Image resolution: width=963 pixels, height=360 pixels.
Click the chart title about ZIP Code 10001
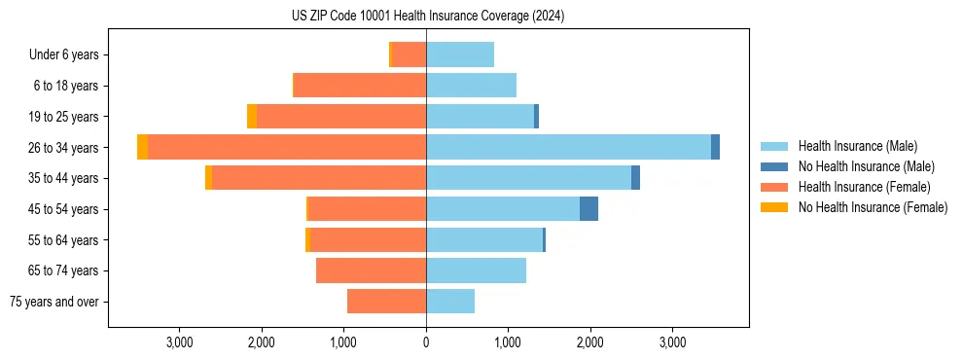[x=427, y=17]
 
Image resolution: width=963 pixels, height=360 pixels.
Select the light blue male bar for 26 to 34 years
[x=568, y=147]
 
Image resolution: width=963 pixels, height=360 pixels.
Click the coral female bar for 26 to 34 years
[x=287, y=147]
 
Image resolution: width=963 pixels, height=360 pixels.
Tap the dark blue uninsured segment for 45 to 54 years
[x=588, y=208]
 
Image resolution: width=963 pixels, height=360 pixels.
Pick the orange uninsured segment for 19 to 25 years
[x=252, y=117]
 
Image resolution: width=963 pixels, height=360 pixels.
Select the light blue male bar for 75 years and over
[x=450, y=302]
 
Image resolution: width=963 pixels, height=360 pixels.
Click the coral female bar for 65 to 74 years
[x=371, y=270]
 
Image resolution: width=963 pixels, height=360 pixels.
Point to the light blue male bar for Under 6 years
[x=460, y=54]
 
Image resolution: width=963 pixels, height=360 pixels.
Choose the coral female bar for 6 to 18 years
[x=360, y=86]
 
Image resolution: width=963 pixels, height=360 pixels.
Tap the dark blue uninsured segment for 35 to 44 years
[x=635, y=178]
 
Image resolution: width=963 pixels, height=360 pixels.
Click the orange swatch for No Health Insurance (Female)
[x=774, y=207]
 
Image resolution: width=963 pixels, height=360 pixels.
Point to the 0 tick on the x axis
[x=426, y=342]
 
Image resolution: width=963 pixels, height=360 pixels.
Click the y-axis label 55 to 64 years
[x=64, y=240]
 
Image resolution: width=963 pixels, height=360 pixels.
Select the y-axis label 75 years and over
[x=54, y=302]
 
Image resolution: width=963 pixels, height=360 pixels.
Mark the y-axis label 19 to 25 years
[x=64, y=117]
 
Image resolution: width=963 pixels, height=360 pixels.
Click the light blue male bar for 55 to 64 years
[x=484, y=239]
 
